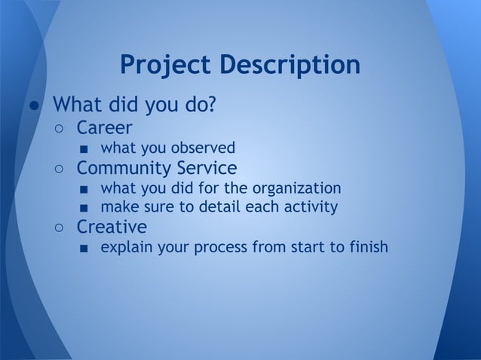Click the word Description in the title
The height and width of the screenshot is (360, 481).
pyautogui.click(x=290, y=66)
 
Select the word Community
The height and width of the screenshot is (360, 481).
pyautogui.click(x=124, y=166)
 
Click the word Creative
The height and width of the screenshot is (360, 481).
pyautogui.click(x=112, y=226)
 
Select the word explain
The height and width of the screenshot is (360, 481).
pyautogui.click(x=126, y=247)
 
